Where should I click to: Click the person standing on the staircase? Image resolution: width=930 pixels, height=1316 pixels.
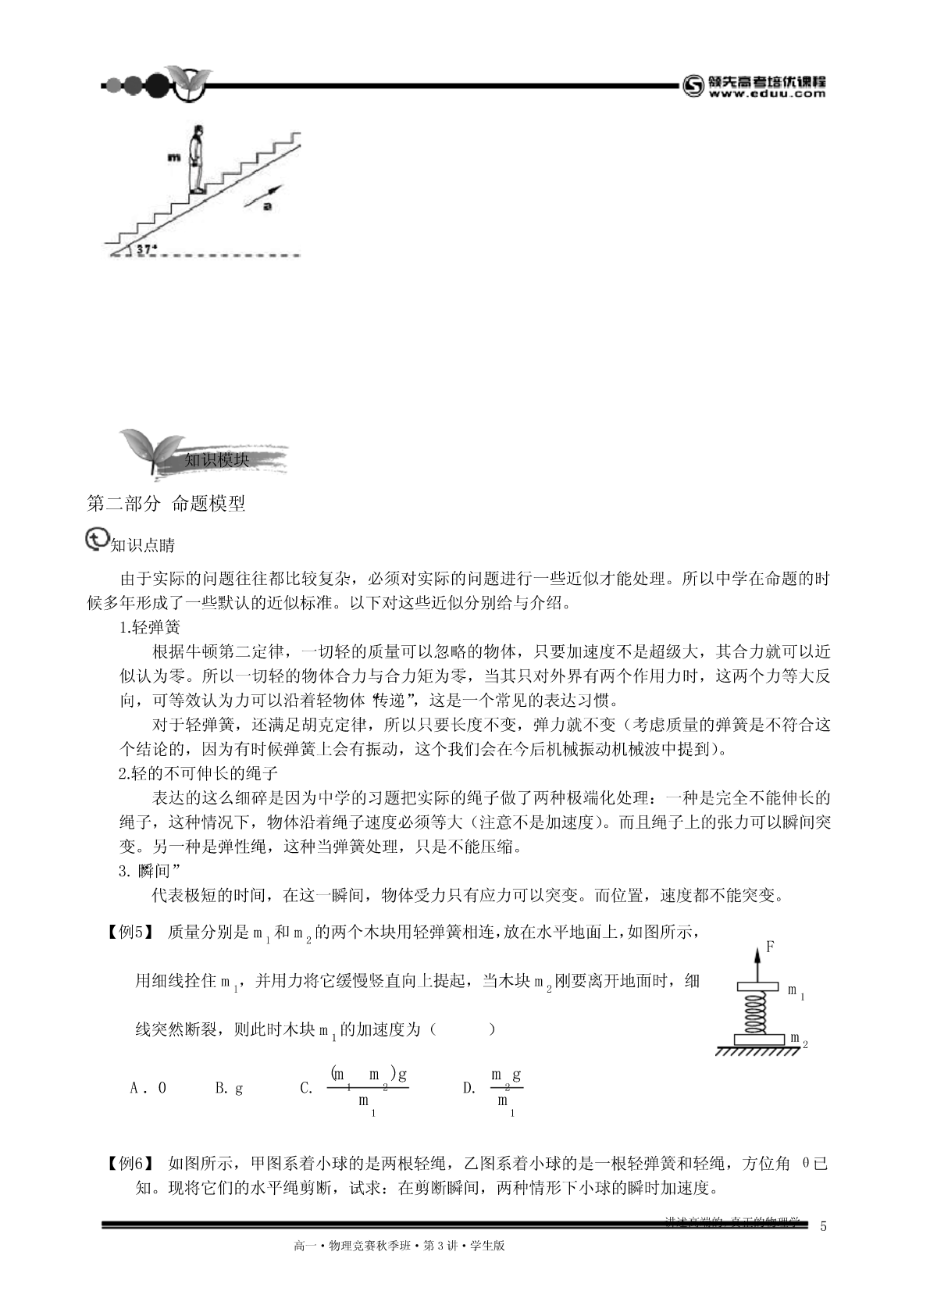point(198,159)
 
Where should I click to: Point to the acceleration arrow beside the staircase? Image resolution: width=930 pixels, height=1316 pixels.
point(260,198)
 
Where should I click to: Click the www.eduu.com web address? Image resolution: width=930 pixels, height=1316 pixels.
point(767,94)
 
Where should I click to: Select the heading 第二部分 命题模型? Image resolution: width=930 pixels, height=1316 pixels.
point(166,504)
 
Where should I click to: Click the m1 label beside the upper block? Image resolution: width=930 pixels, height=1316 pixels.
point(796,991)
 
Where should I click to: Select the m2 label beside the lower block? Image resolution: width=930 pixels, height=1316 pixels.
point(798,1040)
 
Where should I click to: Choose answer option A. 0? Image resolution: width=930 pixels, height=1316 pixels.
point(148,1088)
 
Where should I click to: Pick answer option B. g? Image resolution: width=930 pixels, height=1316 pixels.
point(229,1088)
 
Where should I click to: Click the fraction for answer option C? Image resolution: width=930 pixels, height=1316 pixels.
point(368,1088)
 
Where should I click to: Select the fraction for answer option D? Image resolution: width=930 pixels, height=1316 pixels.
point(505,1088)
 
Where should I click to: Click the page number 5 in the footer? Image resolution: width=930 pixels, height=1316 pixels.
point(823,1225)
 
